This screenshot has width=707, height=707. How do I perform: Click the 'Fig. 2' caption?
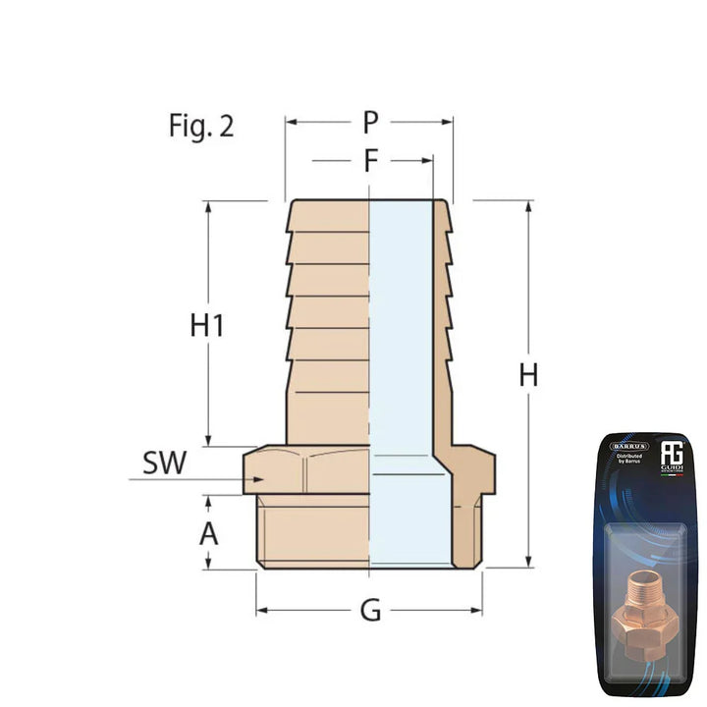[x=200, y=127]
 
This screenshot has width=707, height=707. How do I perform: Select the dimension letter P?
[x=369, y=123]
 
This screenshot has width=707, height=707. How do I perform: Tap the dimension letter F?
[x=369, y=160]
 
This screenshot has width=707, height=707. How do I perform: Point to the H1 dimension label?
[x=207, y=326]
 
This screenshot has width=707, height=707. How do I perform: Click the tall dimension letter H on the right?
[x=529, y=375]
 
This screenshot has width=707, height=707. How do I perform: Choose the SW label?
[x=164, y=463]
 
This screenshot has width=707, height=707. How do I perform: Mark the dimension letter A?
[x=208, y=534]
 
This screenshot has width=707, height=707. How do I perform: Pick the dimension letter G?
[x=370, y=611]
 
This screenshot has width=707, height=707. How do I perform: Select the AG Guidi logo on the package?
[x=673, y=455]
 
